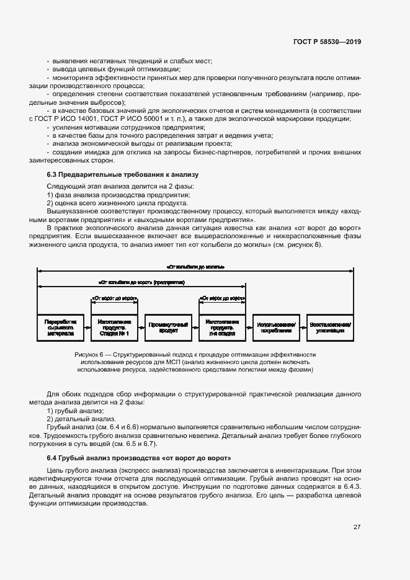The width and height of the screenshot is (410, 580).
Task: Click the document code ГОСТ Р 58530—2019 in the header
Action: point(327,42)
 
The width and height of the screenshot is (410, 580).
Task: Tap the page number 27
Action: point(357,527)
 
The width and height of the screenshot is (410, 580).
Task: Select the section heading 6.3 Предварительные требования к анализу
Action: point(122,175)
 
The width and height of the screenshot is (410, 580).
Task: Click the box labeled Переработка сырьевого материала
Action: point(60,327)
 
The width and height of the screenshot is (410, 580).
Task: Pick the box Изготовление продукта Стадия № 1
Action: point(114,327)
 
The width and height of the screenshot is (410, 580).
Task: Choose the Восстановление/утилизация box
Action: point(330,327)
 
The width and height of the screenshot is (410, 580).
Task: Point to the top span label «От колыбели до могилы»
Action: point(195,267)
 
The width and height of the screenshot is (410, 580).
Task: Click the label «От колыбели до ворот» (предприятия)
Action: point(142,282)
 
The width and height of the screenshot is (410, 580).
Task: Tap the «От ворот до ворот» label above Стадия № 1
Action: point(114,298)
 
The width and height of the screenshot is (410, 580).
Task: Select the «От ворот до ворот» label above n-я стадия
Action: point(222,298)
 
